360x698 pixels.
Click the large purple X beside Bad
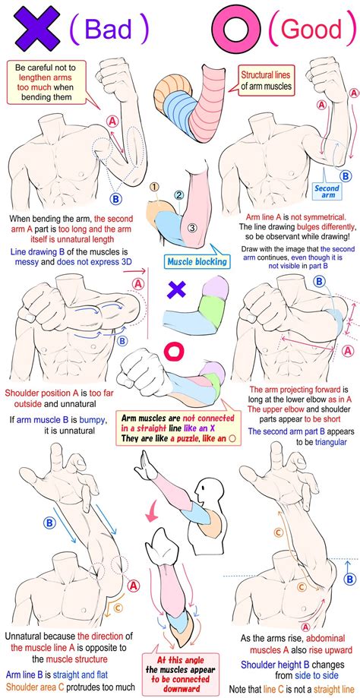[36, 27]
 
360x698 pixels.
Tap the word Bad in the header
[109, 30]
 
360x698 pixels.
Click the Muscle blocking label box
[196, 261]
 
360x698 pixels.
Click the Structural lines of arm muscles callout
[266, 81]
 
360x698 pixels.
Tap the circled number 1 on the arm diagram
[154, 187]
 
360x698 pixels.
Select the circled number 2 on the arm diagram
[179, 195]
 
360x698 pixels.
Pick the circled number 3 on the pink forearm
[192, 229]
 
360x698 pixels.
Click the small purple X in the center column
[177, 290]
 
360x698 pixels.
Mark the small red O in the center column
[174, 351]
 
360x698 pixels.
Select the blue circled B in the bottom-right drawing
[351, 580]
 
